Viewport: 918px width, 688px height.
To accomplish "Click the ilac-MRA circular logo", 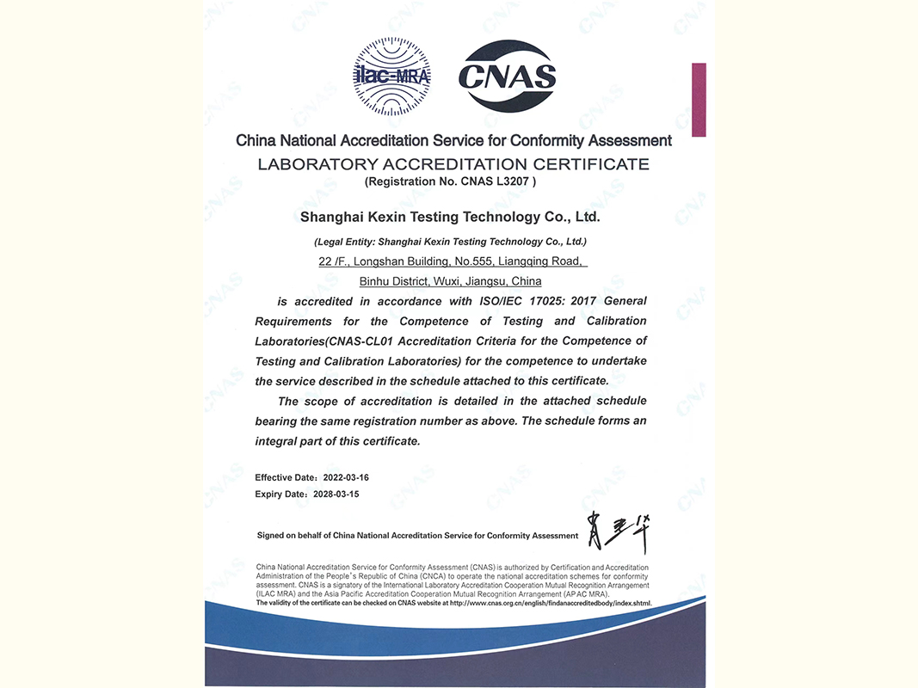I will (x=392, y=77).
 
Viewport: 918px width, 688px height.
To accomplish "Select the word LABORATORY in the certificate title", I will (x=311, y=163).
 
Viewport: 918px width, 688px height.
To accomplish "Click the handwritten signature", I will (x=616, y=533).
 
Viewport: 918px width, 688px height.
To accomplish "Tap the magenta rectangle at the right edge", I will (x=699, y=100).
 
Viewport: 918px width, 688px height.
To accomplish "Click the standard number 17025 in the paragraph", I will (x=537, y=301).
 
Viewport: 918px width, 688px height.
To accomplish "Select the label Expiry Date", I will (x=280, y=494).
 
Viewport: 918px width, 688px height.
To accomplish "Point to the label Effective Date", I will (x=285, y=476).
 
